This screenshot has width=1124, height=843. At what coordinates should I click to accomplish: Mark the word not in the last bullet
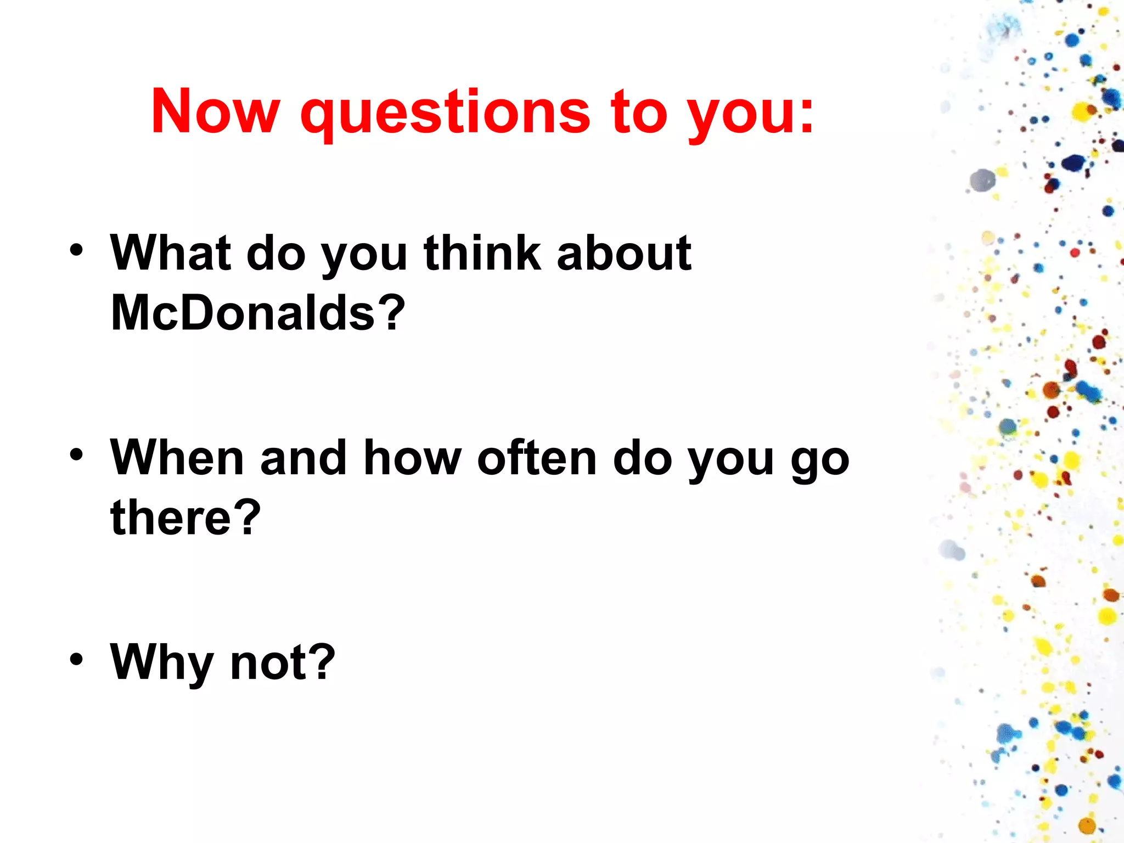(268, 663)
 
